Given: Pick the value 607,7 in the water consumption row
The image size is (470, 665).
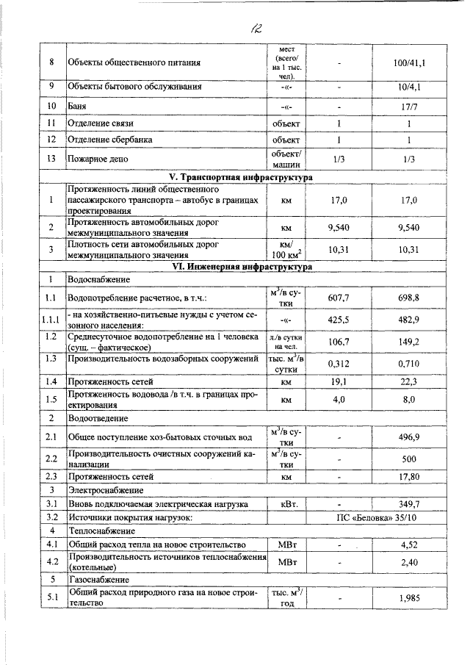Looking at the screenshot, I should pos(339,298).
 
